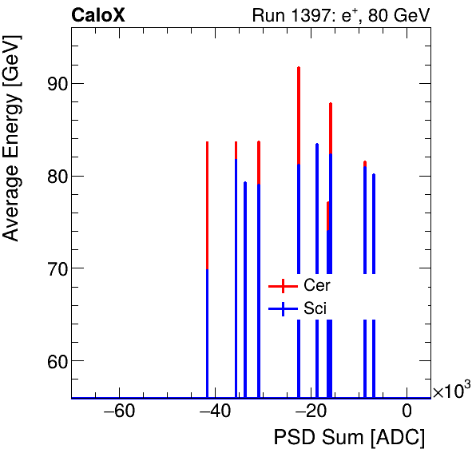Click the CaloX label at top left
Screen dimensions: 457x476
97,15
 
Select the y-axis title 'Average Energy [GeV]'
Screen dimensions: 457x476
11,153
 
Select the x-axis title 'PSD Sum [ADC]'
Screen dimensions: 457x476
349,438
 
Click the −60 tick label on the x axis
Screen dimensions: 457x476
119,412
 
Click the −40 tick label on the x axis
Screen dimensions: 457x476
215,412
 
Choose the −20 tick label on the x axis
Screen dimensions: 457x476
311,412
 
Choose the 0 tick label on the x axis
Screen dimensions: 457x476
407,412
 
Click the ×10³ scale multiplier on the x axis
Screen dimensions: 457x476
451,390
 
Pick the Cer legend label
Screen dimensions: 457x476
317,285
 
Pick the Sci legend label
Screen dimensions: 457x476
315,308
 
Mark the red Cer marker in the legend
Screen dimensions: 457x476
283,285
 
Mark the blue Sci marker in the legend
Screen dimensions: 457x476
283,308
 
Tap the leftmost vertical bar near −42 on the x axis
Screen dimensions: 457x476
207,240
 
